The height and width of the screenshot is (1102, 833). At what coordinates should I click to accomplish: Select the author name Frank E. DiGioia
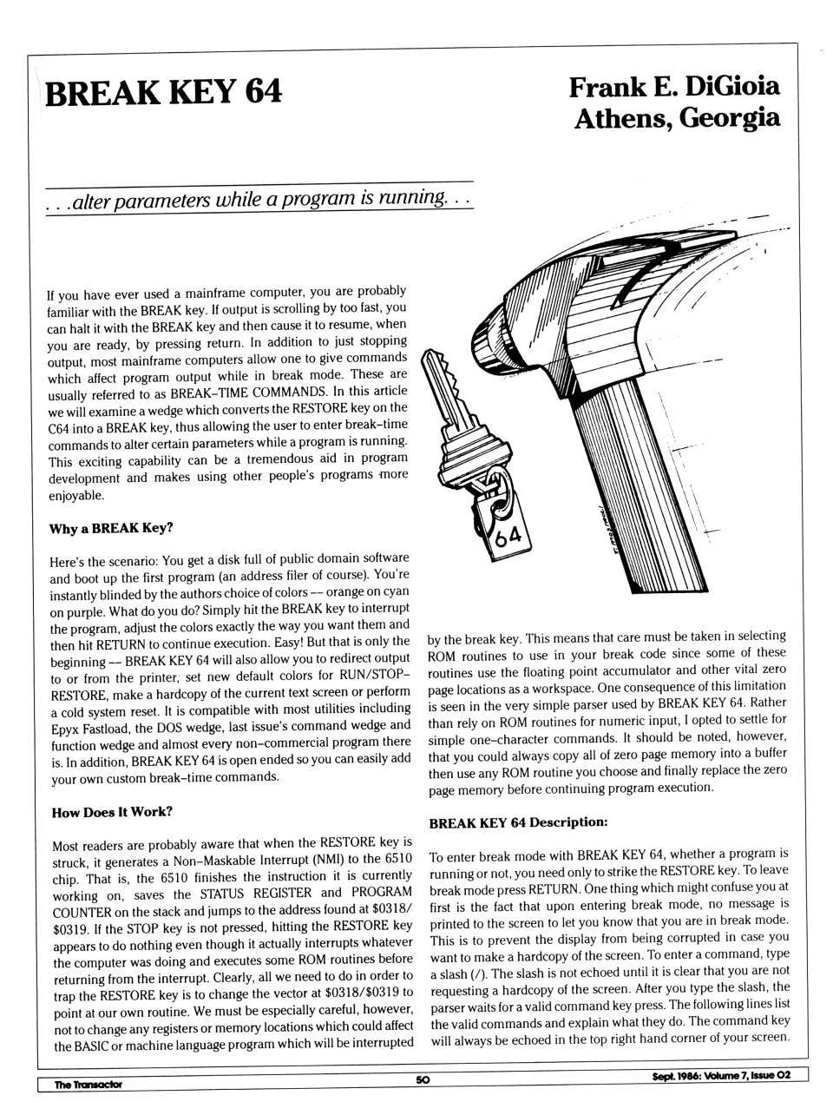674,87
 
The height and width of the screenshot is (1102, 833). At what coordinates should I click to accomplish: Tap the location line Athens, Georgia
677,118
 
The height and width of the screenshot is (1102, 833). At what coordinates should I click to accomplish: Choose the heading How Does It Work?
112,812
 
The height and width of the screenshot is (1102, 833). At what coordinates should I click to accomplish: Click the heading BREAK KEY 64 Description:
518,822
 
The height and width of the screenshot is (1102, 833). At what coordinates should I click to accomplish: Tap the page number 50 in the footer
423,1079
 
